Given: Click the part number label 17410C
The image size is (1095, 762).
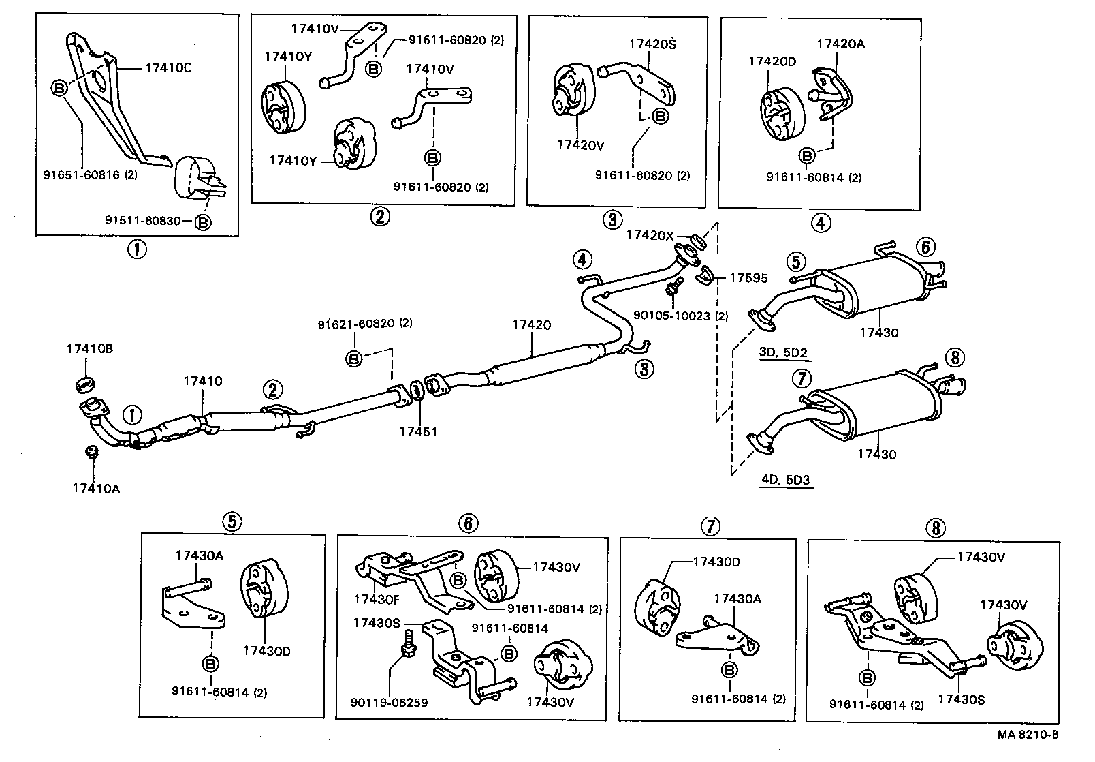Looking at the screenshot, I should pos(168,68).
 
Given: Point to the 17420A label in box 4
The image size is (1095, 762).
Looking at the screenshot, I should pos(840,44).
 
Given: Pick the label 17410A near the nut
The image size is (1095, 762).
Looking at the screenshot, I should pos(96,488).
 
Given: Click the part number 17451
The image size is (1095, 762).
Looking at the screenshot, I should pos(418,431).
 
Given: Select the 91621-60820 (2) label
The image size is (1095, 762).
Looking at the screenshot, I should pos(365,324).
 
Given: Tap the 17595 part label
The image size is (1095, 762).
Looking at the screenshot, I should pos(749,278).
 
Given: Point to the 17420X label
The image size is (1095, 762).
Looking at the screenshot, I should pos(650,235).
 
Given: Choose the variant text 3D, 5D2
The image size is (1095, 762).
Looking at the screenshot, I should pos(782,352).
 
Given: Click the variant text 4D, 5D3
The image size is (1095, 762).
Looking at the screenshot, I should pos(785,479).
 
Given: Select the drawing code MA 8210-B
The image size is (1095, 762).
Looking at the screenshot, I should pos(1028,734).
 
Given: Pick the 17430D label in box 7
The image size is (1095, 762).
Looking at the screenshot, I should pos(716,562).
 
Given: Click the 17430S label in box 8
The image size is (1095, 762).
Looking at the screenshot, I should pos(961,699).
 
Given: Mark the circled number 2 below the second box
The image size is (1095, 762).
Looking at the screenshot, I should pos(379,217).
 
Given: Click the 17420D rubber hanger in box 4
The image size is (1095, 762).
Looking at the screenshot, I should pos(782,112).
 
